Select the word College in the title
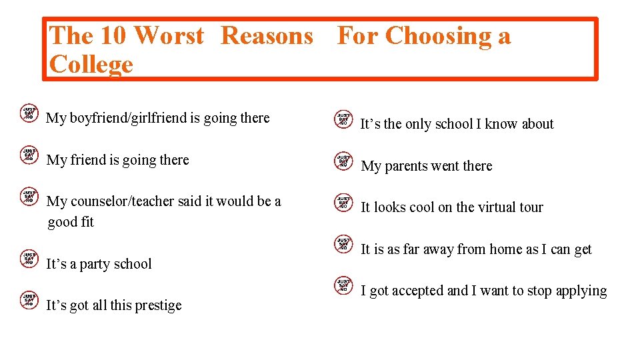[91, 65]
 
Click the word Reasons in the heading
[267, 35]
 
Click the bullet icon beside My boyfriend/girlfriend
[29, 113]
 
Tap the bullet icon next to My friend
[29, 155]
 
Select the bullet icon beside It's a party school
[29, 259]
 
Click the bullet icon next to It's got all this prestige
[29, 300]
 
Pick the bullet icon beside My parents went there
[343, 161]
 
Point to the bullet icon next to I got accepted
[343, 285]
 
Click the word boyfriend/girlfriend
[127, 119]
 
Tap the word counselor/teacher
[118, 201]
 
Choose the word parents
[406, 167]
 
